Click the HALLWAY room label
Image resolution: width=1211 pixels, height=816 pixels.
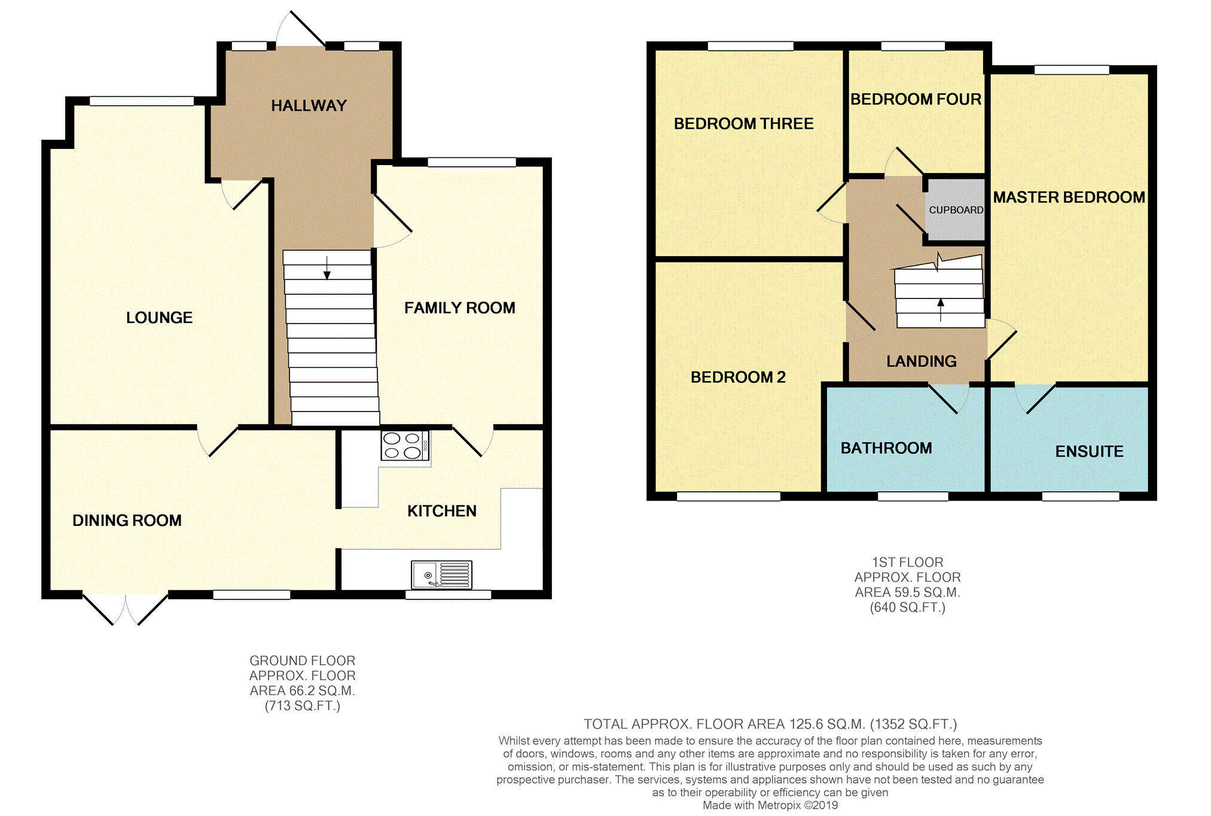[x=309, y=106]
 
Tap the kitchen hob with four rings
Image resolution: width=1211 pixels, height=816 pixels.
[x=405, y=446]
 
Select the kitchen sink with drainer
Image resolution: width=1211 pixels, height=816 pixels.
[x=441, y=574]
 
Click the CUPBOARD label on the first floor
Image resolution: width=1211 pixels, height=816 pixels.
[x=956, y=210]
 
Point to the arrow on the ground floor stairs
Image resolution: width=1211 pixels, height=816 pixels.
[x=327, y=268]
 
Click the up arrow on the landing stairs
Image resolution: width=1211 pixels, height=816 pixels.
[x=941, y=309]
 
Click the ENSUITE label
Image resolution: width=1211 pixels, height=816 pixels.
[x=1089, y=452]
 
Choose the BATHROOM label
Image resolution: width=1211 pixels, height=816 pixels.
[x=886, y=448]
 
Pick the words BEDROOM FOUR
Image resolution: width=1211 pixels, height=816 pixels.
[x=916, y=99]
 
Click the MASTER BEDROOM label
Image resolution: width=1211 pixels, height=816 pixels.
[x=1069, y=197]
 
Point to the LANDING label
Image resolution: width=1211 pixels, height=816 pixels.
[x=921, y=361]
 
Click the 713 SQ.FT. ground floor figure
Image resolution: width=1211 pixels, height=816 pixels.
[x=303, y=706]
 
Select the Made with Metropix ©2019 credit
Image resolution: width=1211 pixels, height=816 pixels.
[x=770, y=805]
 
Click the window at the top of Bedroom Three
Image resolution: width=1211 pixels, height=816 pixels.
[x=750, y=46]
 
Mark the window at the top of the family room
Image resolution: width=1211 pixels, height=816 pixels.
[x=471, y=162]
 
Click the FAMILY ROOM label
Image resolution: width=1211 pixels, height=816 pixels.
[x=459, y=308]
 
